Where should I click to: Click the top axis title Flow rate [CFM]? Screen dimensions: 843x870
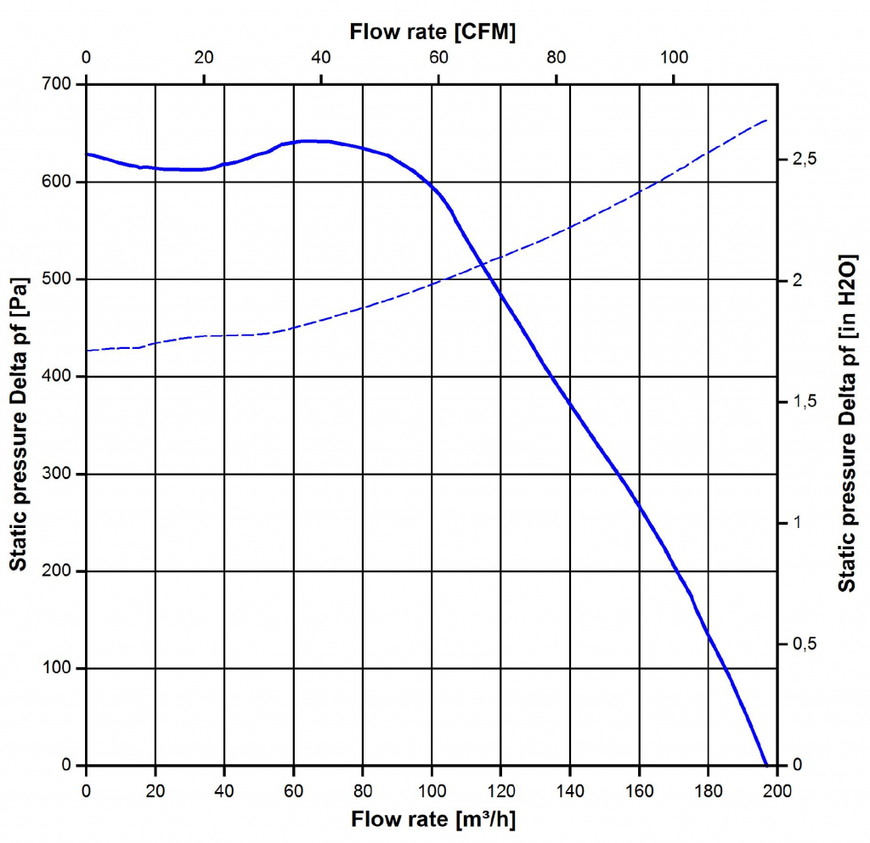click(x=433, y=32)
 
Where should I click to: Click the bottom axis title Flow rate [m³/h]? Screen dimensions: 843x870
click(x=433, y=819)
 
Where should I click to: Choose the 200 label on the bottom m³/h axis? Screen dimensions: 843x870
click(x=777, y=791)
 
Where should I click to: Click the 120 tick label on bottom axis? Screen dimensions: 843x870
click(x=500, y=791)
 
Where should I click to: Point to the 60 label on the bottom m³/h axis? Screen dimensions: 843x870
click(x=293, y=791)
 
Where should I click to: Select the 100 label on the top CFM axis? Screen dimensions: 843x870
click(x=674, y=58)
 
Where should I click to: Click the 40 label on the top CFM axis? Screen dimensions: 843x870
click(x=321, y=58)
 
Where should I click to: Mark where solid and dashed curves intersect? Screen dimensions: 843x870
click(x=483, y=267)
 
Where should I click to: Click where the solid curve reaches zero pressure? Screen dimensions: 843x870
click(x=766, y=765)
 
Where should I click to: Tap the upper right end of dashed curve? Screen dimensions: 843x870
click(x=767, y=120)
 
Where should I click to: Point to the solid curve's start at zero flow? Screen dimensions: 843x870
click(x=87, y=154)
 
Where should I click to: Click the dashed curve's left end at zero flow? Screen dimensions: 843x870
click(x=87, y=351)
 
